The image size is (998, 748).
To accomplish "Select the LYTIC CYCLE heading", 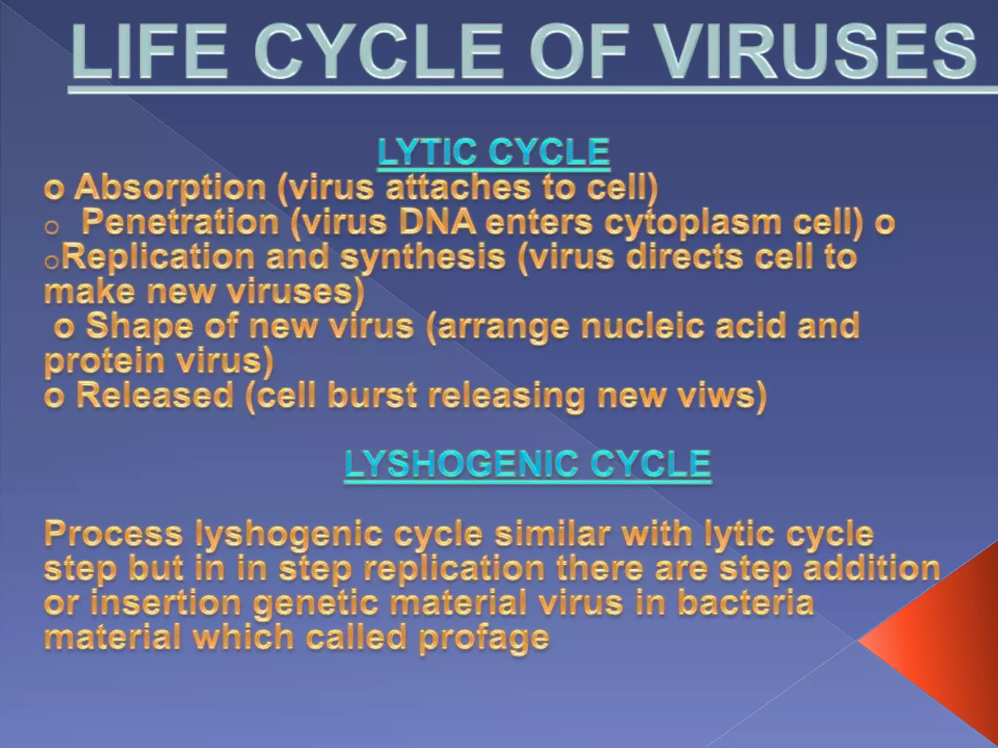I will click(x=494, y=152).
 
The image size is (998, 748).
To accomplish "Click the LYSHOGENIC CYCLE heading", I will click(x=528, y=464).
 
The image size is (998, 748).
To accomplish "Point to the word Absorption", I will click(x=170, y=187).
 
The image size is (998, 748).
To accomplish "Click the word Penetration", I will click(x=180, y=222).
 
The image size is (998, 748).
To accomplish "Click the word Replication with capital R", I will click(x=159, y=257).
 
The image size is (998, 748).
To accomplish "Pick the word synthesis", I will click(x=422, y=258).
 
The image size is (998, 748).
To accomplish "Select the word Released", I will click(x=155, y=396).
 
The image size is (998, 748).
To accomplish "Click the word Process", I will click(x=113, y=534).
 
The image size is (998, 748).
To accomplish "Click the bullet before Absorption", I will click(x=54, y=189).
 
